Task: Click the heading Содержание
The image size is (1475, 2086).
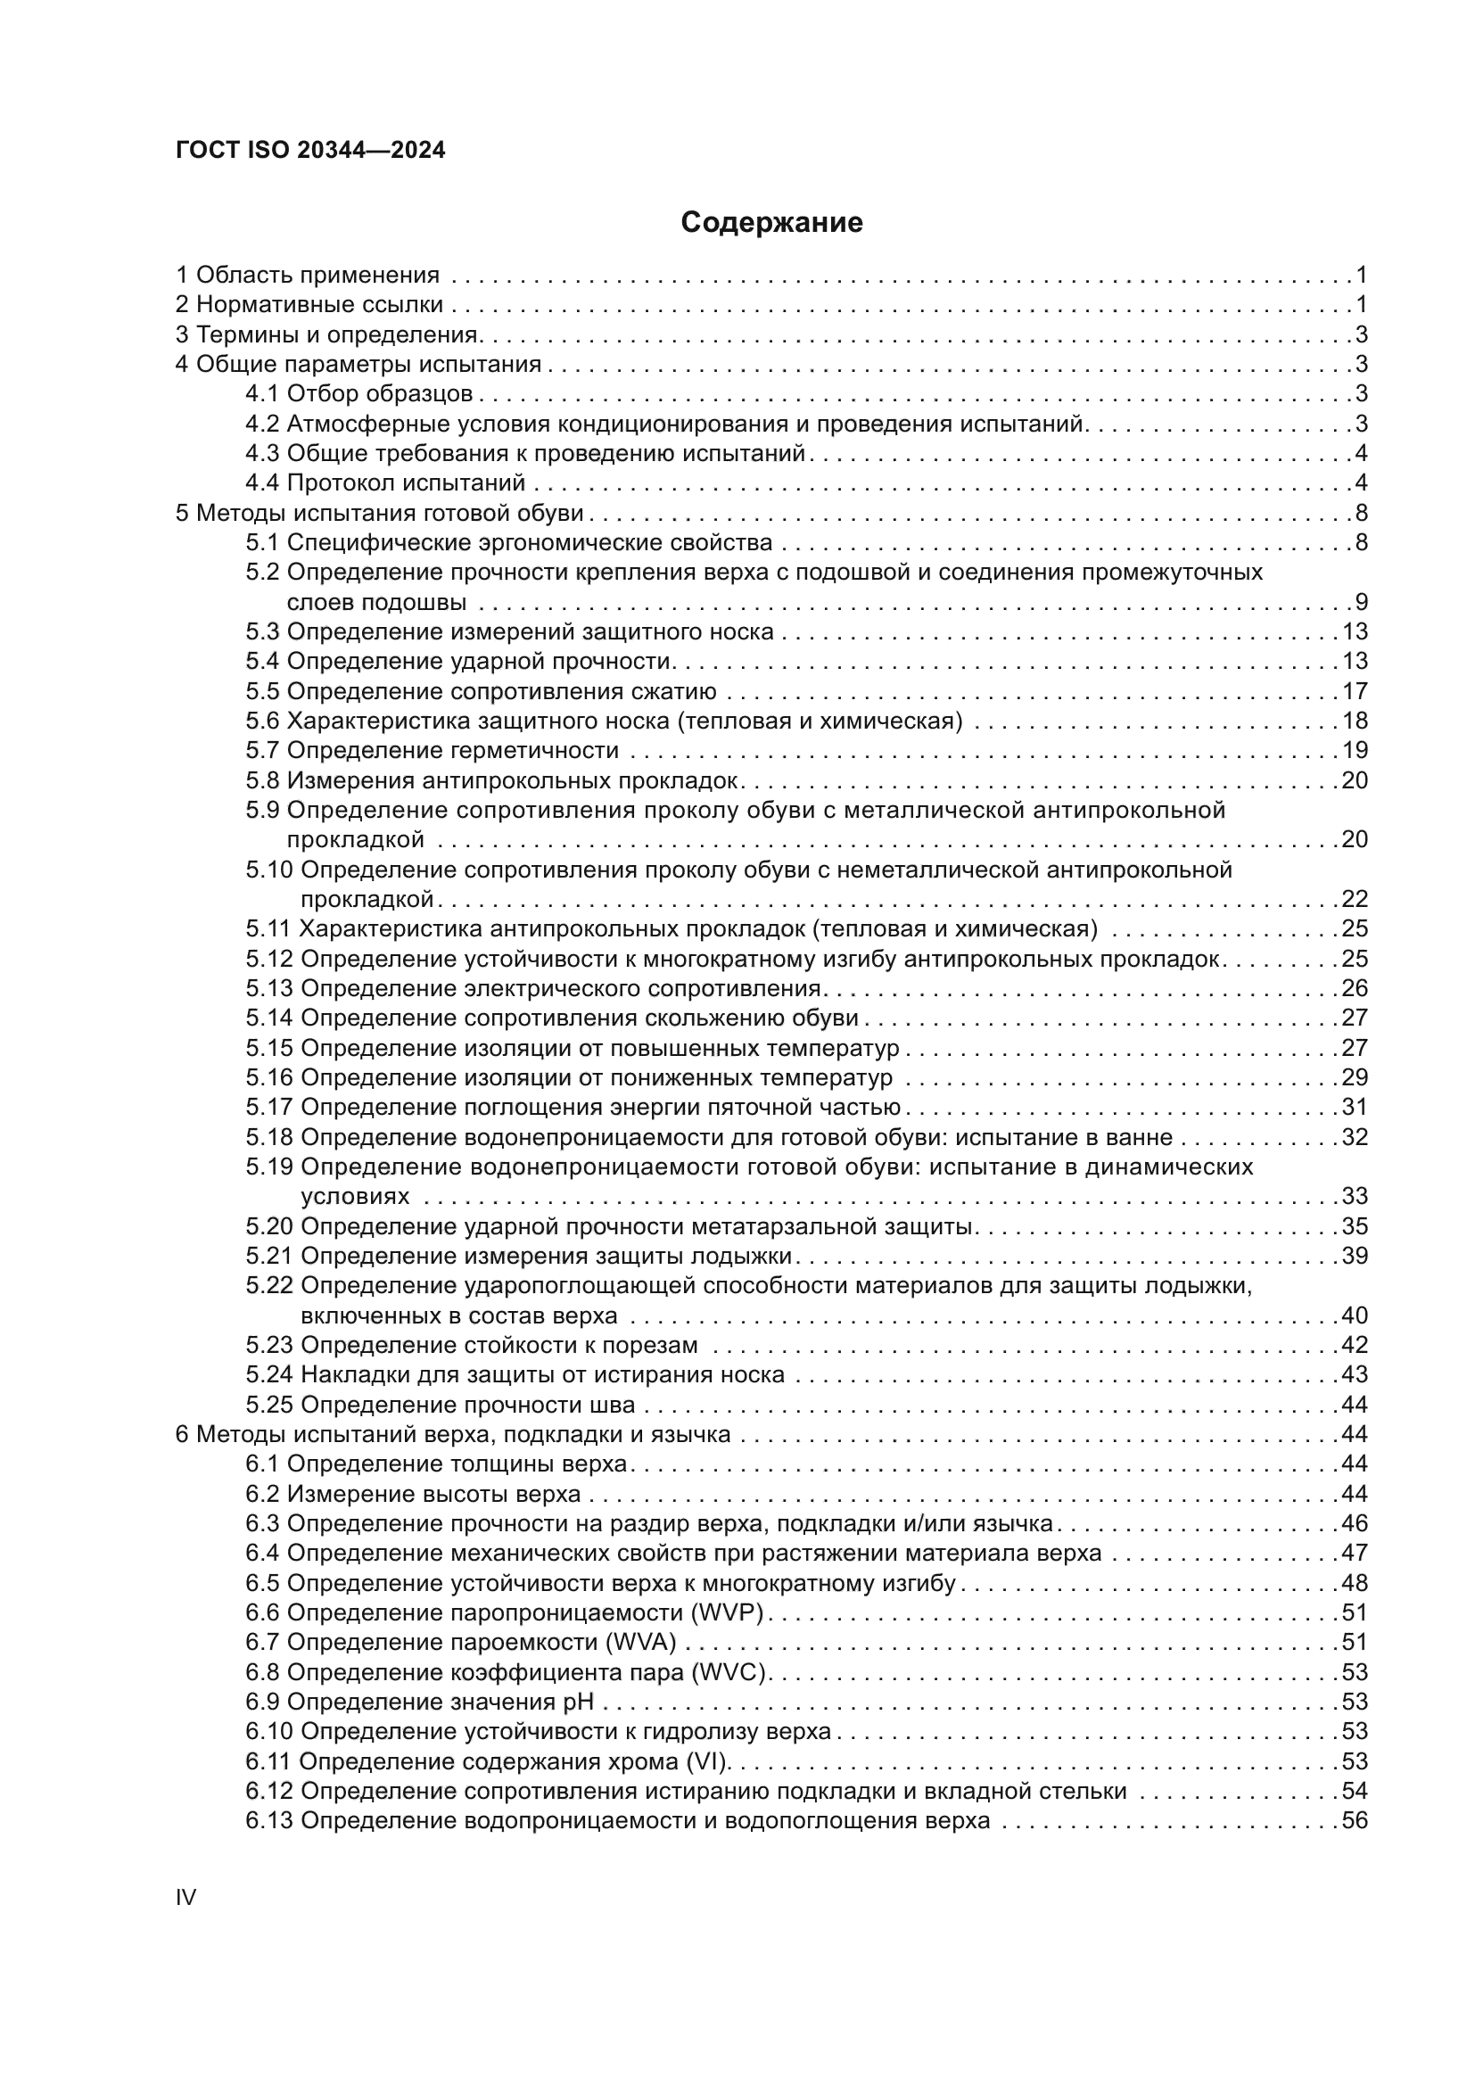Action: (771, 223)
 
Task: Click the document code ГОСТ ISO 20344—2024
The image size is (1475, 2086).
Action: (310, 151)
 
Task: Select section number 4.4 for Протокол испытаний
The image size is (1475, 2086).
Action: (262, 483)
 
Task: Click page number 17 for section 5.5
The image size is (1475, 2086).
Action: (1355, 691)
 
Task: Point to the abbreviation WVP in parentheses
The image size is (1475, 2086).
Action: (727, 1612)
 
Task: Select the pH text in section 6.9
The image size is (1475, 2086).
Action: (579, 1702)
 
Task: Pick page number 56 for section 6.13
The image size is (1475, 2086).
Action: (1355, 1821)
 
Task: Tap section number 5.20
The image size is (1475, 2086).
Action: (268, 1226)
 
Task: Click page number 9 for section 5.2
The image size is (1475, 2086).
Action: (1361, 602)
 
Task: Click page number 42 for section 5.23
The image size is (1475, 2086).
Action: (1355, 1346)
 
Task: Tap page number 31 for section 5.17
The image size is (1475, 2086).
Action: (1355, 1108)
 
